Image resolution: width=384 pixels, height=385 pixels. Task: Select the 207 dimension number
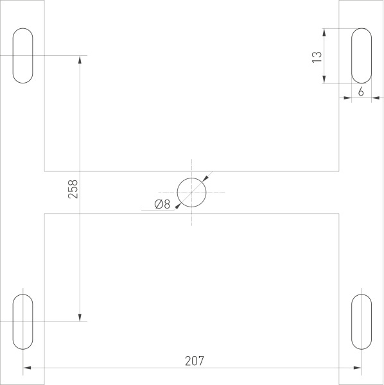click(194, 361)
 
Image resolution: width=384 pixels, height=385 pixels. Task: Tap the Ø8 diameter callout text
click(162, 205)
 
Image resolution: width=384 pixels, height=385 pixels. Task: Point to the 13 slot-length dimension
click(316, 56)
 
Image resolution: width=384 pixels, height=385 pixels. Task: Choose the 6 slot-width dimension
click(360, 92)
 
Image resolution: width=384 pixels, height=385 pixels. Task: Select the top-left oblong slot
click(23, 55)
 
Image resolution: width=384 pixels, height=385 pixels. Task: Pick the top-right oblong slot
click(361, 55)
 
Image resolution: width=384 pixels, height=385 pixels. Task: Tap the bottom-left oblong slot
click(23, 321)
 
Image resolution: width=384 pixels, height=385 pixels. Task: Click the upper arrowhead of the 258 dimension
click(80, 60)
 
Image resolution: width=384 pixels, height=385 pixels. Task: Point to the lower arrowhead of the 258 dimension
click(80, 316)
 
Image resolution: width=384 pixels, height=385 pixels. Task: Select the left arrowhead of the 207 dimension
click(27, 368)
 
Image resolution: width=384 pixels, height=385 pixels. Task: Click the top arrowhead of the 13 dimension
click(325, 31)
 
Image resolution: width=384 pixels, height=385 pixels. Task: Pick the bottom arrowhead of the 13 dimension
click(325, 79)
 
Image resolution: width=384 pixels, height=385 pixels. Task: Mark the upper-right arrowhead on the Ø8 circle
click(205, 178)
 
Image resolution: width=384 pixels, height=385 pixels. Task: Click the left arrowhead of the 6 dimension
click(347, 98)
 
